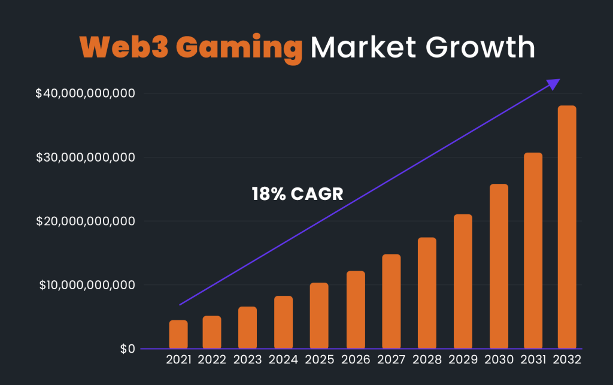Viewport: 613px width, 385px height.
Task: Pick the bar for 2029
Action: click(x=463, y=281)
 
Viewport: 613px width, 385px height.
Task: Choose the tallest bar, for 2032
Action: click(x=567, y=227)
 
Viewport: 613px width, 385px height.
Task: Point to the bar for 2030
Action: click(x=499, y=266)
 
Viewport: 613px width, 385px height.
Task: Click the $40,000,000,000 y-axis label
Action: click(x=85, y=93)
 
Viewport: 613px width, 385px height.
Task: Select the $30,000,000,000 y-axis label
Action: click(x=85, y=157)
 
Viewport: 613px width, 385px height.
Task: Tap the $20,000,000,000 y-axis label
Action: click(x=85, y=222)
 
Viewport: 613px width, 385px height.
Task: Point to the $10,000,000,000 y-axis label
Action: click(x=87, y=285)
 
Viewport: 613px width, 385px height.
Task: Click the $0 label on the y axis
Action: click(x=126, y=348)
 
